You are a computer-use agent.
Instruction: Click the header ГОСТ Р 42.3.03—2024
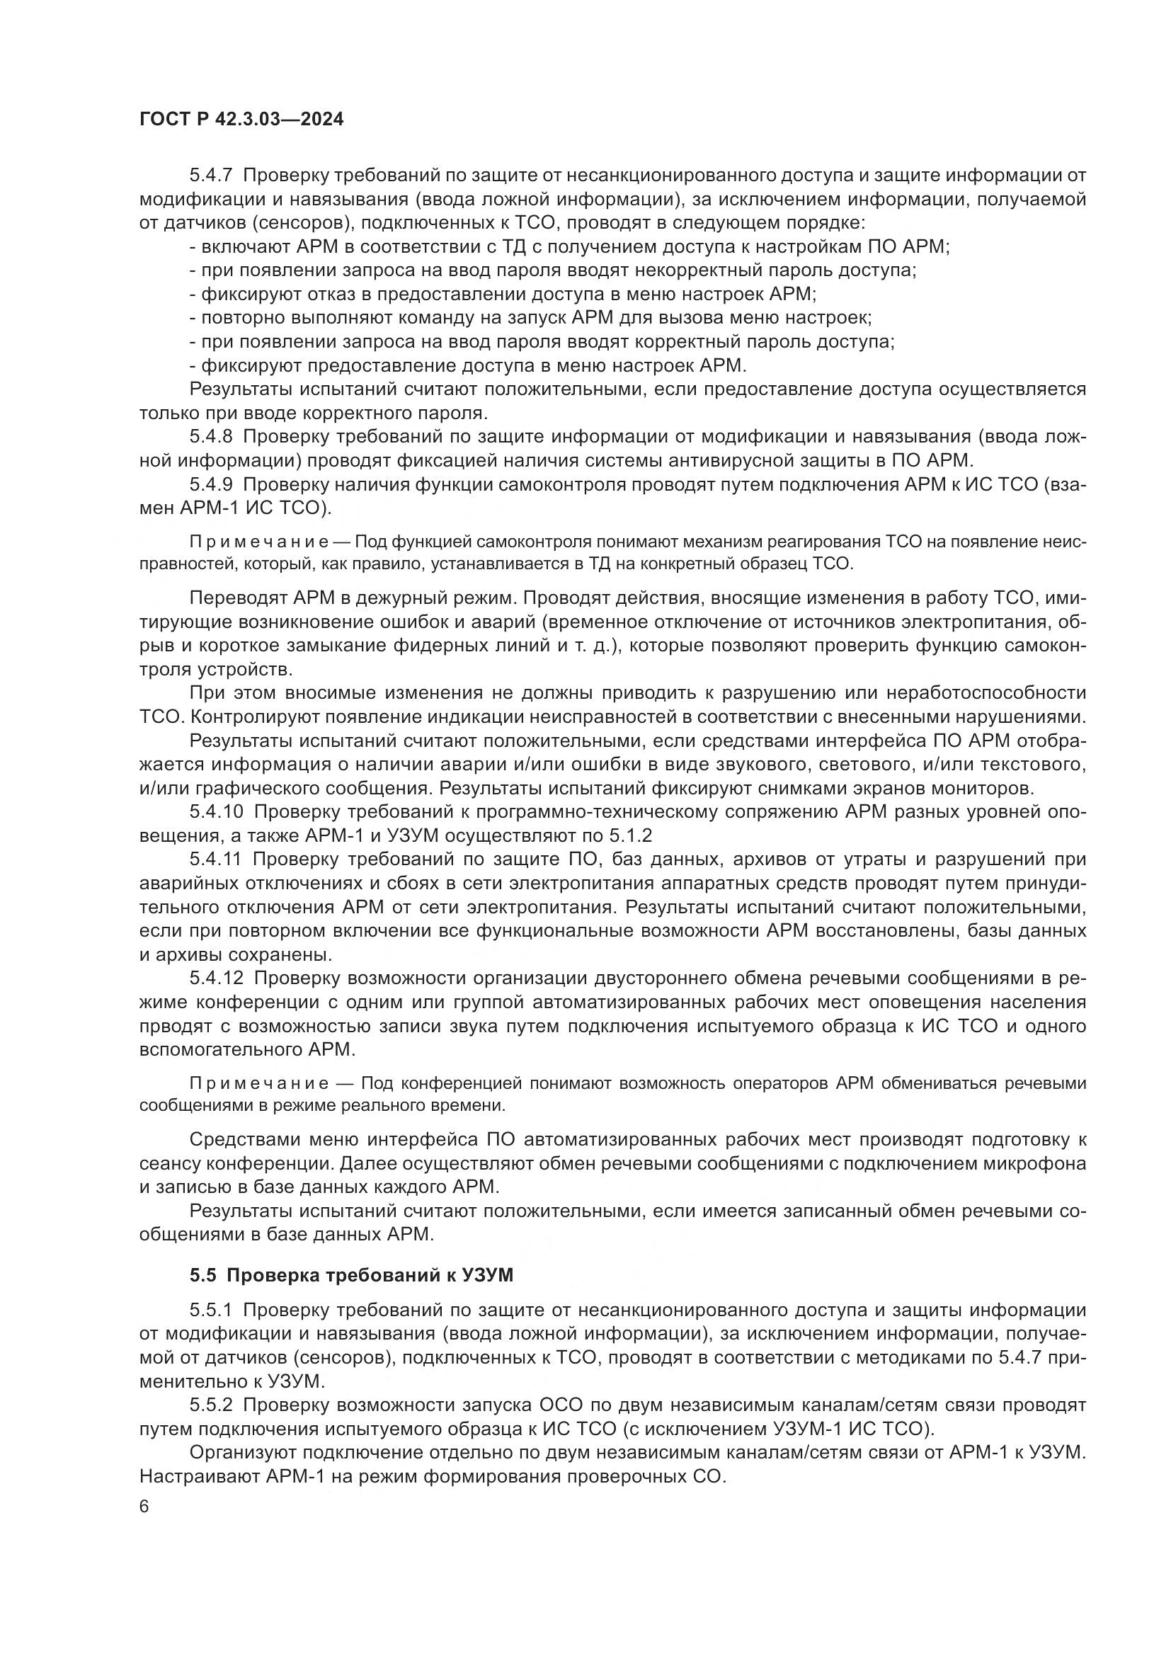[241, 120]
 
